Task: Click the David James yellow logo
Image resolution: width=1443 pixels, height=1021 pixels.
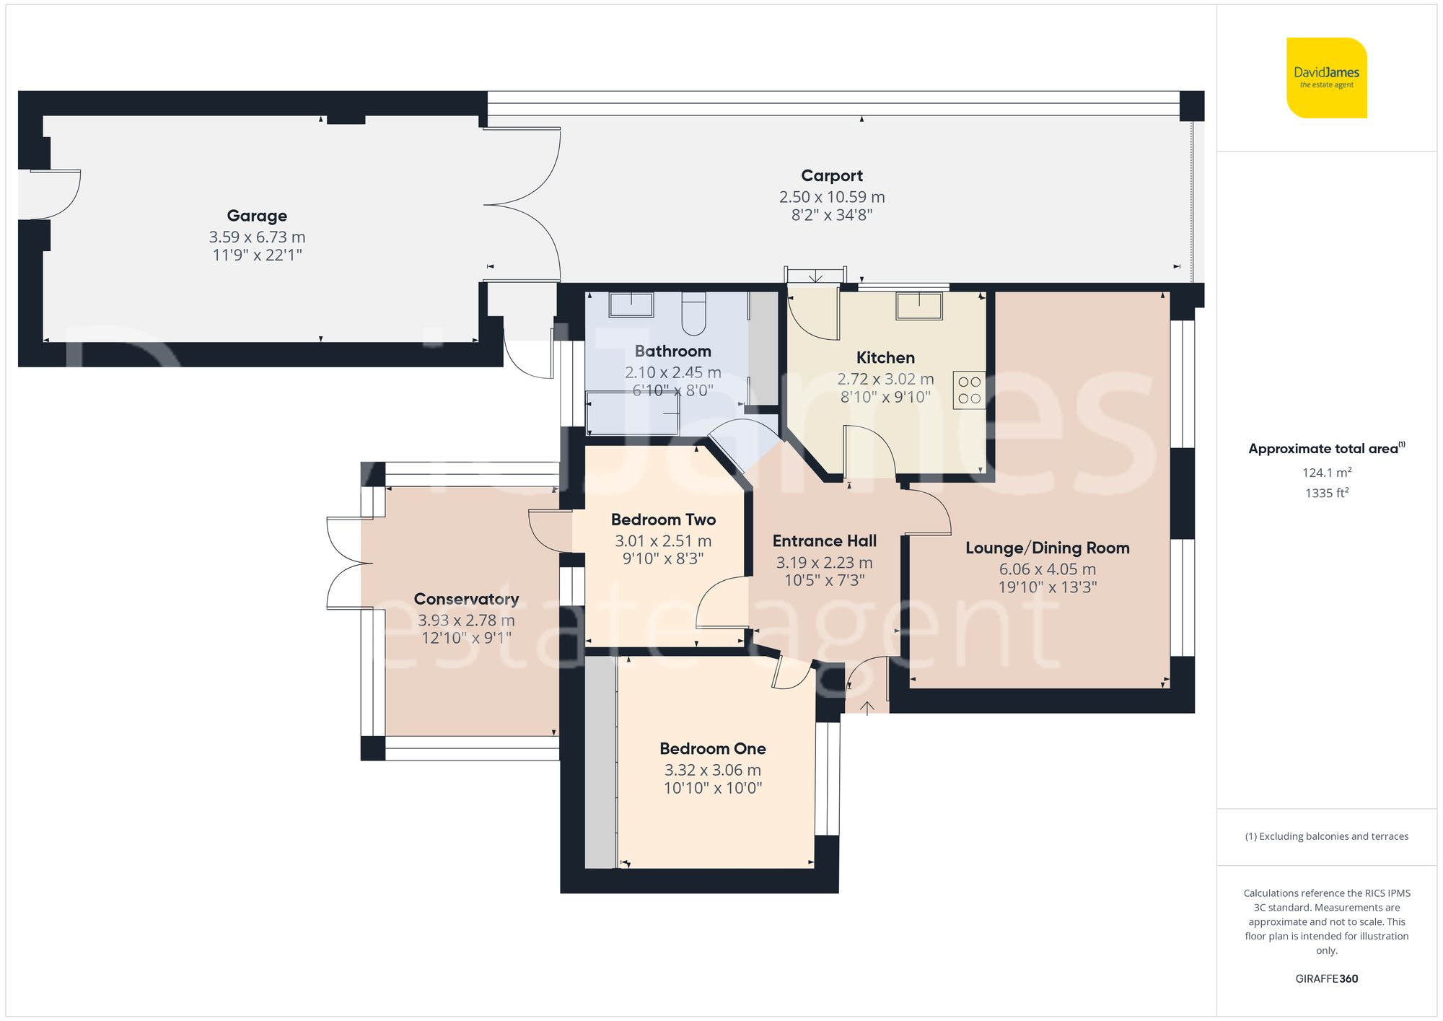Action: [1326, 78]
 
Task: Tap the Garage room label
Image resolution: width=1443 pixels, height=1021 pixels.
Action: [257, 216]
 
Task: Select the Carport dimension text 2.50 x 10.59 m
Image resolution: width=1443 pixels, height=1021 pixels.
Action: [831, 197]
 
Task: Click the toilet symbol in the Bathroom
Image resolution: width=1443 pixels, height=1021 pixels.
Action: [693, 314]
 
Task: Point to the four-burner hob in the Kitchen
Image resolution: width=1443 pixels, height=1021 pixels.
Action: [969, 390]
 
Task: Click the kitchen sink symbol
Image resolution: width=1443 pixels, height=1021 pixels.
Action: [918, 306]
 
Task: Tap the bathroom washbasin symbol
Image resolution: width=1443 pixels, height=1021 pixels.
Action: [631, 304]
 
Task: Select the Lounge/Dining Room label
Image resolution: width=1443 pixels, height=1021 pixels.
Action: [1047, 548]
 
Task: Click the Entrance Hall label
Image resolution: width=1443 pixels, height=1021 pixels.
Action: [824, 541]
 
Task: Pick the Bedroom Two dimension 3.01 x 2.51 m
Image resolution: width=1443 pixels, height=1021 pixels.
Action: [663, 541]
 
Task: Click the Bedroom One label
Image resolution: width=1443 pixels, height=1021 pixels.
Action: [712, 749]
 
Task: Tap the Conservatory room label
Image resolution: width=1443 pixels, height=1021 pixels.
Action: [466, 599]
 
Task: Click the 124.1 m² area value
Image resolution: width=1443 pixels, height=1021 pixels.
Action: [1326, 473]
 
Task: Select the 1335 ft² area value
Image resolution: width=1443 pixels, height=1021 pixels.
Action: [1326, 494]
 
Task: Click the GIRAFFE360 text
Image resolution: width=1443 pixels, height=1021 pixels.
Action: [1326, 979]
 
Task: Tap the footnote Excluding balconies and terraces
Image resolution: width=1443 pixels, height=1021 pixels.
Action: [1326, 837]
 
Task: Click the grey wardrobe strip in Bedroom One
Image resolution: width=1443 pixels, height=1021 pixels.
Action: [600, 762]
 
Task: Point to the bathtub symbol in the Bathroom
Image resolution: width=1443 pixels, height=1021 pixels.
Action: [633, 413]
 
